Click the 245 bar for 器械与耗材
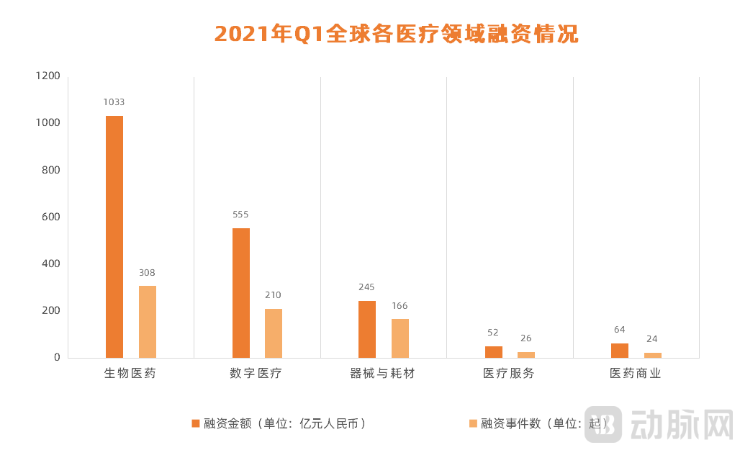click(x=367, y=329)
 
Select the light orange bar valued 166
click(x=400, y=338)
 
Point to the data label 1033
click(x=114, y=102)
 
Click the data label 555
click(x=240, y=215)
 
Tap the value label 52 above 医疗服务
click(x=493, y=333)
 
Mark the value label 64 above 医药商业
click(x=620, y=330)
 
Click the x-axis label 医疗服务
click(x=509, y=374)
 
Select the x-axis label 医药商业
click(x=636, y=374)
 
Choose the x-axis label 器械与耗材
click(x=382, y=374)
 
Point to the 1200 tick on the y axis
click(x=48, y=76)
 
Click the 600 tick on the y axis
click(x=51, y=217)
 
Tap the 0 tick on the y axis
click(x=57, y=358)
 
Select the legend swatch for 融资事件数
click(x=473, y=423)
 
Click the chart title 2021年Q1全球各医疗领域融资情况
click(x=397, y=34)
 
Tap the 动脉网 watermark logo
click(x=662, y=424)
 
